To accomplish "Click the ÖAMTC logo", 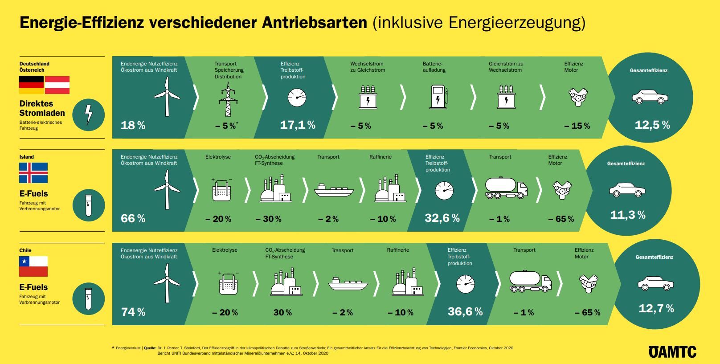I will point(672,352).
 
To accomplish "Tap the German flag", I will point(31,85).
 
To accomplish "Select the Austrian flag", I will point(57,85).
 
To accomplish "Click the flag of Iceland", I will point(33,173).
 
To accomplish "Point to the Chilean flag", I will point(33,266).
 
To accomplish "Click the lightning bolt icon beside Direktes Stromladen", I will point(89,115).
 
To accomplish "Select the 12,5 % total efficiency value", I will point(652,125).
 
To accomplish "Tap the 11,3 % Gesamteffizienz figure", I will point(627,215).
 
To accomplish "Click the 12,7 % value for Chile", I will point(656,308).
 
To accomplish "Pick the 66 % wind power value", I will point(133,219).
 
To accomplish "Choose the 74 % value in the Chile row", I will point(133,312).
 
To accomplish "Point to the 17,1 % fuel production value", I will point(297,125).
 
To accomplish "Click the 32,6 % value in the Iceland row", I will point(442,218).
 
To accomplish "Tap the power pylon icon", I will point(228,101).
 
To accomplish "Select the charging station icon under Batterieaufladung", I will point(438,98).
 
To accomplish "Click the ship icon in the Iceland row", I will point(334,190).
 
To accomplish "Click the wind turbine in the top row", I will point(167,96).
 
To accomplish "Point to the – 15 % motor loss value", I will point(577,126).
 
